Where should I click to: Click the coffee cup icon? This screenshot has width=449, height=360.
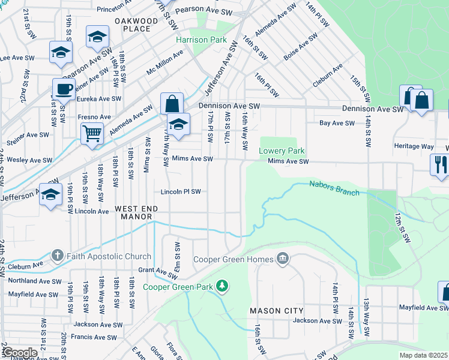click(x=64, y=90)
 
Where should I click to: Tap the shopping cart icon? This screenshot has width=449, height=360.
click(x=92, y=133)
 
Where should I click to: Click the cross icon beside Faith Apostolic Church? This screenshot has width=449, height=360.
click(x=57, y=256)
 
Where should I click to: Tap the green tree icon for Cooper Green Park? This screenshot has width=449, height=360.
click(x=223, y=286)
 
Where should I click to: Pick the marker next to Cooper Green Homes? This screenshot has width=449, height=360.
click(x=283, y=260)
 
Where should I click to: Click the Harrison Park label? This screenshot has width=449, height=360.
click(x=200, y=40)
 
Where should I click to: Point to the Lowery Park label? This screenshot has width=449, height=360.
click(x=282, y=151)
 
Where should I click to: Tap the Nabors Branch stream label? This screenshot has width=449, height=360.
click(x=334, y=188)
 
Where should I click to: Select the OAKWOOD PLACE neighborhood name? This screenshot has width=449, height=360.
click(x=136, y=25)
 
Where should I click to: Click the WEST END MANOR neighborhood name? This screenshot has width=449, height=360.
click(x=136, y=212)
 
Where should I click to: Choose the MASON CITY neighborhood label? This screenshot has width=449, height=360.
click(x=277, y=310)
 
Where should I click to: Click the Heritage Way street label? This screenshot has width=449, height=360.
click(x=414, y=146)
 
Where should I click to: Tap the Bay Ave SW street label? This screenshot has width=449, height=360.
click(x=336, y=123)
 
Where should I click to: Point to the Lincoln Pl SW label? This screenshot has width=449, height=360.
click(x=180, y=192)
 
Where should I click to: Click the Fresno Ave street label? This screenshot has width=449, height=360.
click(x=94, y=116)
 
